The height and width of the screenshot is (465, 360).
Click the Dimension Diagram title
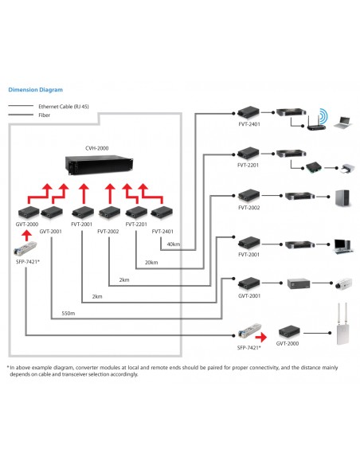tap(34, 90)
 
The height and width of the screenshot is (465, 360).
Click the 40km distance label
tap(174, 244)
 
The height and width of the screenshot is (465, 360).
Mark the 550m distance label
tap(68, 313)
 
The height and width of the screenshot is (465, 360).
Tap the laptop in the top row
tap(342, 122)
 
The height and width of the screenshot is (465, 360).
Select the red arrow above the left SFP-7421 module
tap(25, 235)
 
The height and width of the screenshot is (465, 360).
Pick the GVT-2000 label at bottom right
tap(288, 344)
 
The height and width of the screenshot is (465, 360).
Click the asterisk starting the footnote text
tap(8, 367)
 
